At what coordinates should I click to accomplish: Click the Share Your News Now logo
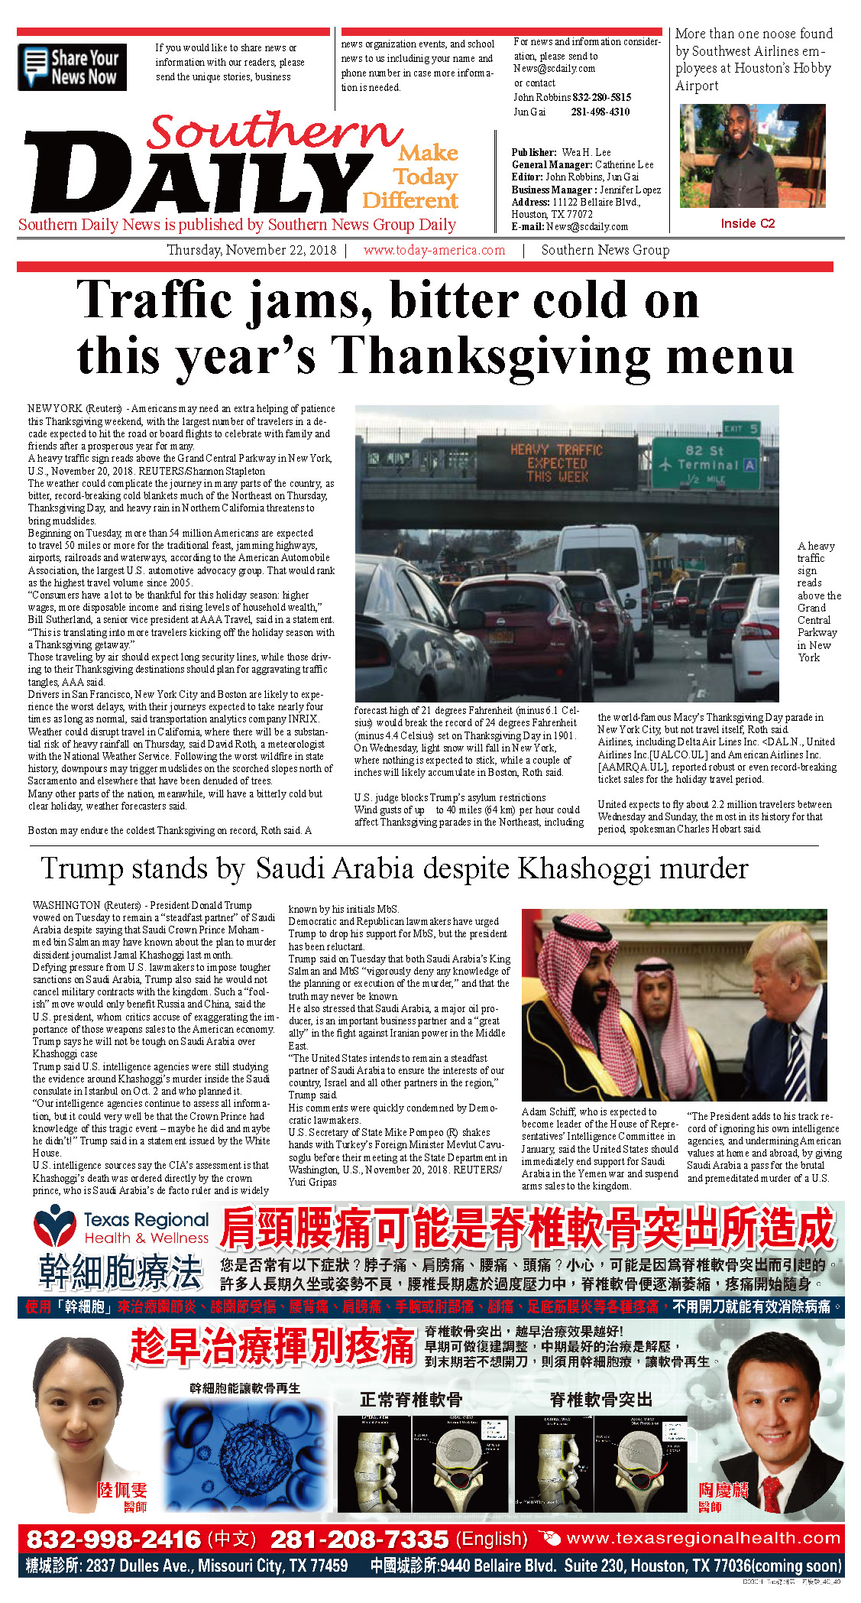click(x=72, y=67)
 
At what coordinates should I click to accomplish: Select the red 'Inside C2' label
click(x=747, y=223)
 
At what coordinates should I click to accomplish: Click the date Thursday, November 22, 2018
click(x=251, y=250)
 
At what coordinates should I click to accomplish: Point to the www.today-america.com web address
click(x=434, y=250)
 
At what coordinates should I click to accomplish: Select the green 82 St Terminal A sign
click(x=706, y=462)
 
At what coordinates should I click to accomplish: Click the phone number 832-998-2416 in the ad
click(x=113, y=1539)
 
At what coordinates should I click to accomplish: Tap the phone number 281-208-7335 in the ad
click(x=358, y=1539)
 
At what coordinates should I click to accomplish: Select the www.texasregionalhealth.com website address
click(x=703, y=1538)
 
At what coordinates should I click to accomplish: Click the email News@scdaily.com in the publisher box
click(x=587, y=226)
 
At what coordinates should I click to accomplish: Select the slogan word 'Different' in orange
click(x=410, y=200)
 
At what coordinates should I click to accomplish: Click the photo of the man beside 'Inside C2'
click(x=752, y=156)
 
